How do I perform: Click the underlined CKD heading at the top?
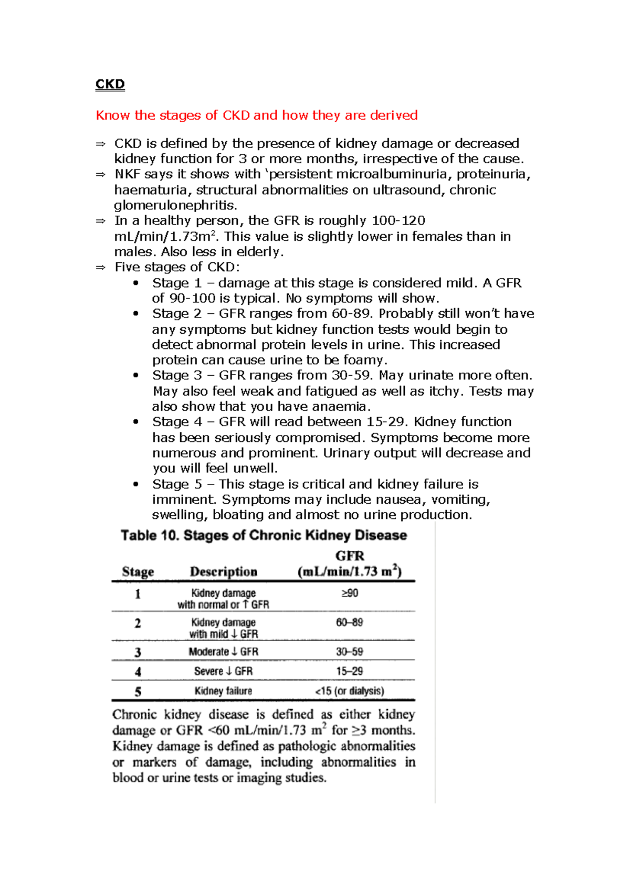tap(110, 84)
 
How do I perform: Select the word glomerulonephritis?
tap(175, 205)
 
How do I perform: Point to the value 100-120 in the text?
tap(398, 220)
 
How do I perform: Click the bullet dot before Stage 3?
tap(136, 375)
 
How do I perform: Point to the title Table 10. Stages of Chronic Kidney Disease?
tap(264, 535)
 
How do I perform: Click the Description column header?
tap(224, 571)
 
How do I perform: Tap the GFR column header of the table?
tap(350, 564)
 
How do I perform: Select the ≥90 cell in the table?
tap(350, 593)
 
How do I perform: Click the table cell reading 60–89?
tap(350, 622)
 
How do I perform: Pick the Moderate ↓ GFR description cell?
tap(224, 652)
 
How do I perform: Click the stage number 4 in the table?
tap(138, 672)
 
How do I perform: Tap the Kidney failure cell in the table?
tap(224, 691)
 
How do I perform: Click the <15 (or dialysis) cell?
tap(350, 691)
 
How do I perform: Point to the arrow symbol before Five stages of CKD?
tap(101, 268)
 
